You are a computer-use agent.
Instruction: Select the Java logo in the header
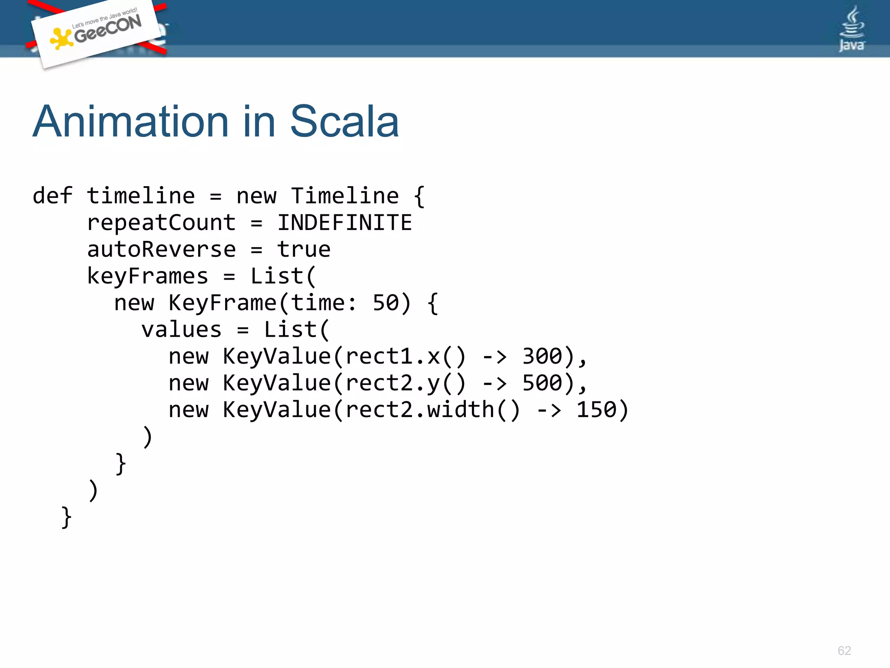(851, 30)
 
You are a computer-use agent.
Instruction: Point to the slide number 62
(844, 651)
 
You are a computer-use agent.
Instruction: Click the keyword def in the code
(53, 196)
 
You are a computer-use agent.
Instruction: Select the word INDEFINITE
(345, 223)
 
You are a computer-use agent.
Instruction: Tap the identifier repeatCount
(161, 223)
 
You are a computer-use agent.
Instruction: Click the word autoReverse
(161, 250)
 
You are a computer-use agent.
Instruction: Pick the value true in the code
(304, 250)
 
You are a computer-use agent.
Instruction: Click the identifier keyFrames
(148, 276)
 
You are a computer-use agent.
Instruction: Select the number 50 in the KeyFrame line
(385, 303)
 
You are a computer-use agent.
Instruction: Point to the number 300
(542, 357)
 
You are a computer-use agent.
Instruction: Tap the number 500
(542, 383)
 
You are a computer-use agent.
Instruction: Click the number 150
(596, 410)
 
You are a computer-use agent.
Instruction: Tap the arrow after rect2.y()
(495, 383)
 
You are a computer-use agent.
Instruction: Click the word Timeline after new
(345, 196)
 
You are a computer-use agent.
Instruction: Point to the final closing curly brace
(66, 517)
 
